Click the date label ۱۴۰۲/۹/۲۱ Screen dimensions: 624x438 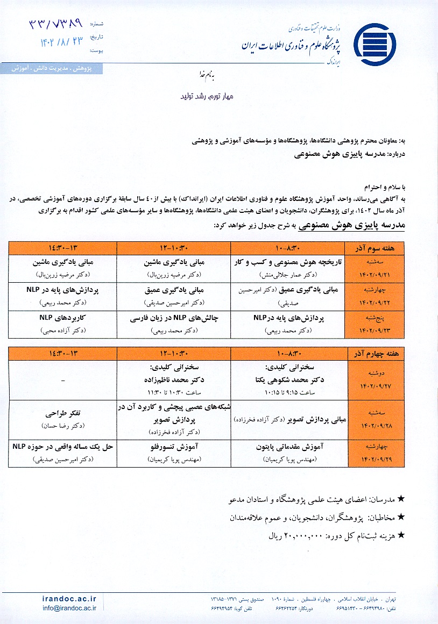(381, 274)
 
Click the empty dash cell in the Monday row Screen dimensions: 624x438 (63, 380)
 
